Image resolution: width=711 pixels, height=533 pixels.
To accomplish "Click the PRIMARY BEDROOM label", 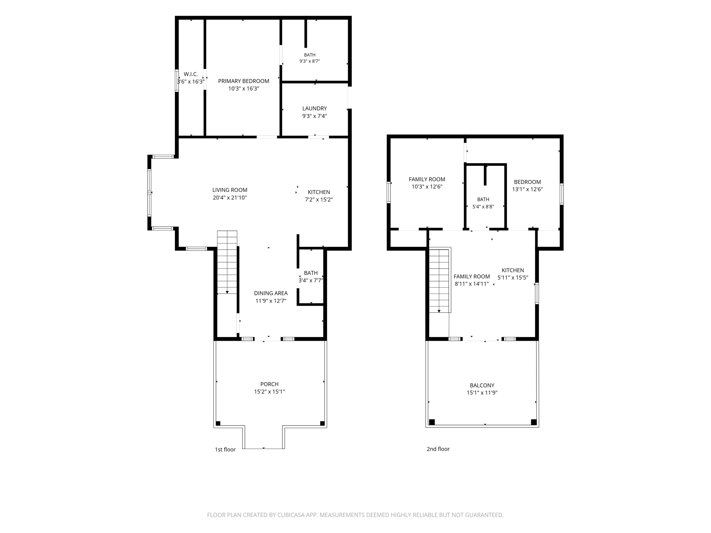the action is (x=243, y=81).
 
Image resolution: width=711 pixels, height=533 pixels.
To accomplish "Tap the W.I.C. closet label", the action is (x=191, y=74).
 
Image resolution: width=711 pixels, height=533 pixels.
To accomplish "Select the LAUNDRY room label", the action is (x=315, y=108).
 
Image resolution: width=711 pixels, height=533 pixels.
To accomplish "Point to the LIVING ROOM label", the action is (x=230, y=190).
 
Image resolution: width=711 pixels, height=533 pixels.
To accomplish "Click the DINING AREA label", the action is (x=271, y=293).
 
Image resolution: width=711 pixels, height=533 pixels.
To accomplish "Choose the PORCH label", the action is (x=269, y=384).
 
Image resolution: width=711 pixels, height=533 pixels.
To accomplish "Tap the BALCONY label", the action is (x=482, y=385).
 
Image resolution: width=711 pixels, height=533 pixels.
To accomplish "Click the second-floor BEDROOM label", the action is (x=527, y=182).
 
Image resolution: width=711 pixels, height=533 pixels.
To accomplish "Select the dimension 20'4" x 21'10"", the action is (x=230, y=198).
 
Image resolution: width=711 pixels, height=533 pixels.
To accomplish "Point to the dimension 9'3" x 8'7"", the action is (x=310, y=61).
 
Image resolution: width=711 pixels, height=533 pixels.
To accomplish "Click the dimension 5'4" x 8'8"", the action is (x=483, y=207).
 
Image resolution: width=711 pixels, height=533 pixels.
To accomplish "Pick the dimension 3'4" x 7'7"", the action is (x=311, y=280).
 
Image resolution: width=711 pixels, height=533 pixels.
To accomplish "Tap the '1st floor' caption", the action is (x=225, y=449).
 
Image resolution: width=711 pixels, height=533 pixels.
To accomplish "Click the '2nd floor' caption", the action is (x=438, y=449).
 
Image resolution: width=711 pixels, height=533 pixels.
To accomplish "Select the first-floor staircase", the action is (x=227, y=262).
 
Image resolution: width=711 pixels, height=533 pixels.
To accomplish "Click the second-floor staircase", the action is (x=439, y=280).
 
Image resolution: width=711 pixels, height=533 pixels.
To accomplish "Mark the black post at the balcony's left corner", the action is (x=432, y=422).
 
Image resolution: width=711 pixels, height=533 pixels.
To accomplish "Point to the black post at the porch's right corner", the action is (x=322, y=423).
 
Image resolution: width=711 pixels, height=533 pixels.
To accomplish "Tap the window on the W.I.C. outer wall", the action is (x=177, y=81).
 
